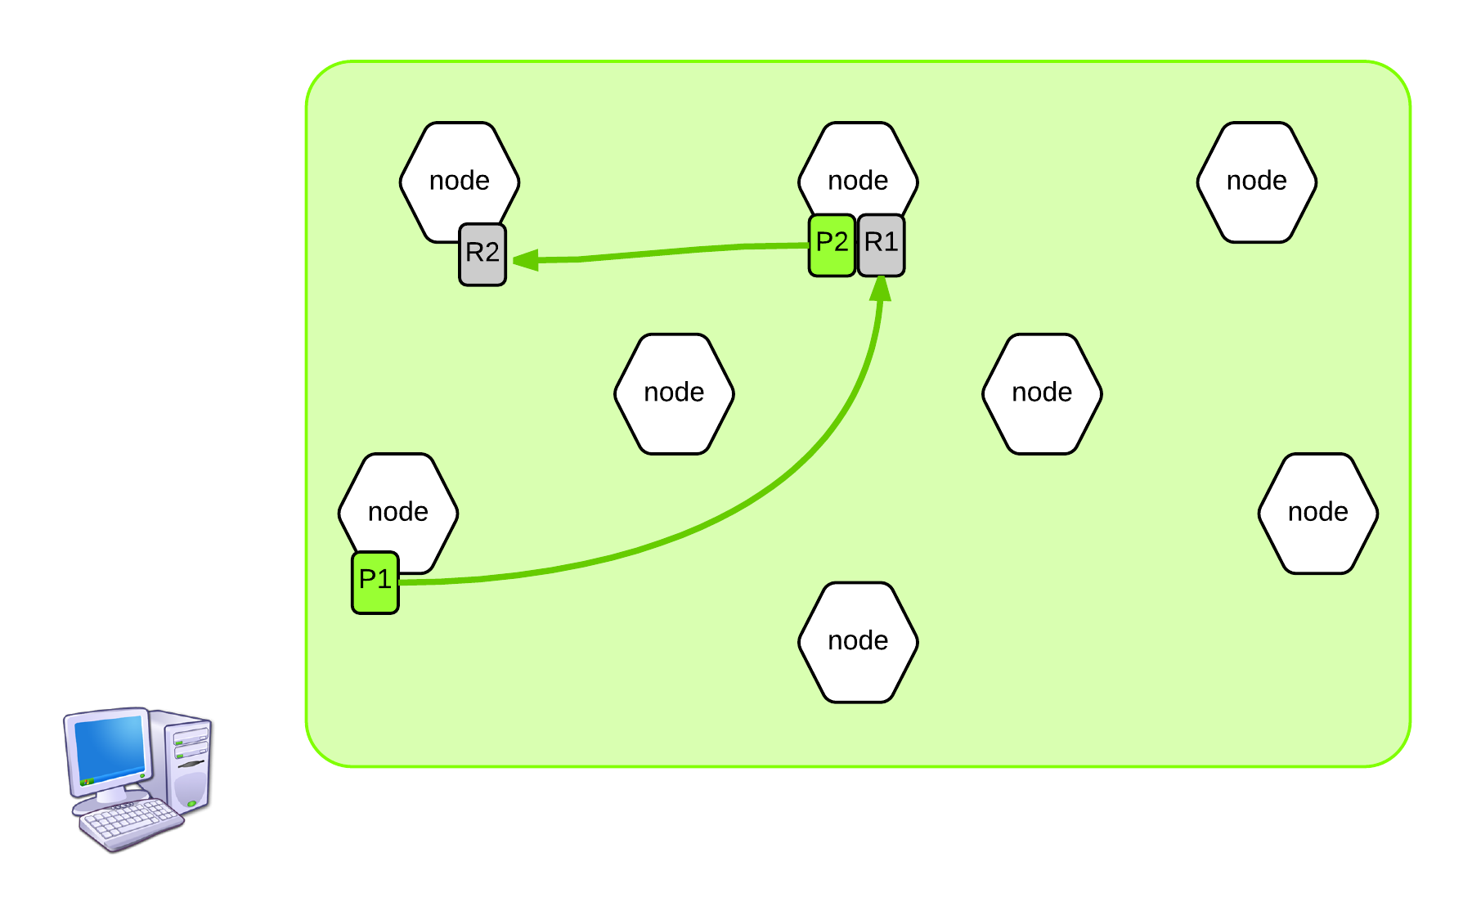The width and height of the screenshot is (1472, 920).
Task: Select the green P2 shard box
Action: tap(832, 245)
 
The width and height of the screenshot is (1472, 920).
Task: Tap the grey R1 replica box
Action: tap(881, 245)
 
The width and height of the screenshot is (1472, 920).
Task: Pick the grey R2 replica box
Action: tap(482, 254)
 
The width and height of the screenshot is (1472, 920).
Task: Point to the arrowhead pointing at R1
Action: tap(881, 289)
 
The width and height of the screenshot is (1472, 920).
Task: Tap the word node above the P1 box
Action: tap(398, 512)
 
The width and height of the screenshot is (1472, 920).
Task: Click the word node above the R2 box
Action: tap(460, 181)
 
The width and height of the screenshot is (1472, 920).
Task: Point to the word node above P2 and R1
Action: tap(858, 181)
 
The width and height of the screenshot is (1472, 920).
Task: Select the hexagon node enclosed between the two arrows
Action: tap(674, 393)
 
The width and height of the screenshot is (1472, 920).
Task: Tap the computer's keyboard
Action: tap(131, 823)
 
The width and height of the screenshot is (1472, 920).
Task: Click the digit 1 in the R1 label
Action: tap(891, 242)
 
